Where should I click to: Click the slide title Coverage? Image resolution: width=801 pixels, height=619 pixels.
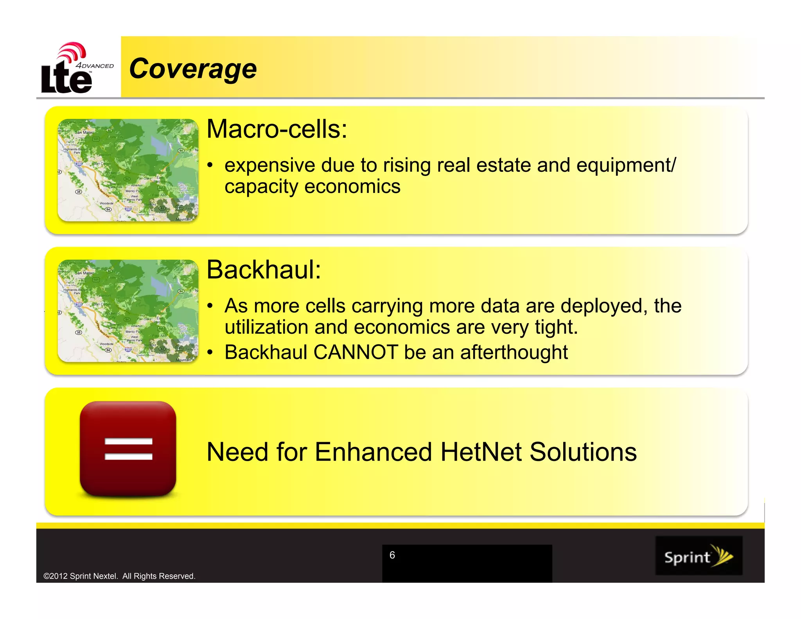click(193, 69)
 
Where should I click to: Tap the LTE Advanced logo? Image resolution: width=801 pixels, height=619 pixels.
click(74, 69)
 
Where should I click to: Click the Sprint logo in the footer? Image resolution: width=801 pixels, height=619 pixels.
click(699, 556)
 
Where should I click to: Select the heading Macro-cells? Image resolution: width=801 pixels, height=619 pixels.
click(277, 129)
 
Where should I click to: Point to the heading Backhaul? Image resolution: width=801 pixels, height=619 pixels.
click(264, 270)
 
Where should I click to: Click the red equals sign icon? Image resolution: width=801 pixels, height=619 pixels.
click(128, 449)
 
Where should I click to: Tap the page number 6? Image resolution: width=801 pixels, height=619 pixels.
click(392, 555)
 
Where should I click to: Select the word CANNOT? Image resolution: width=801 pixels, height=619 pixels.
click(356, 352)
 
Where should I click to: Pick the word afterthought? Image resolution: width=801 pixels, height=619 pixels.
click(514, 352)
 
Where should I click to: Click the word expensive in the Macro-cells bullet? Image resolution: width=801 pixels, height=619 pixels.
click(269, 165)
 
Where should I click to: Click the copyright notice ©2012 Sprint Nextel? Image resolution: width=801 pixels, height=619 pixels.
click(119, 576)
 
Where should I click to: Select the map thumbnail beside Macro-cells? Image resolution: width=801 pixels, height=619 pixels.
click(128, 170)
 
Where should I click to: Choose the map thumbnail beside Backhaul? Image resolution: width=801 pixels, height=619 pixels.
click(128, 311)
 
